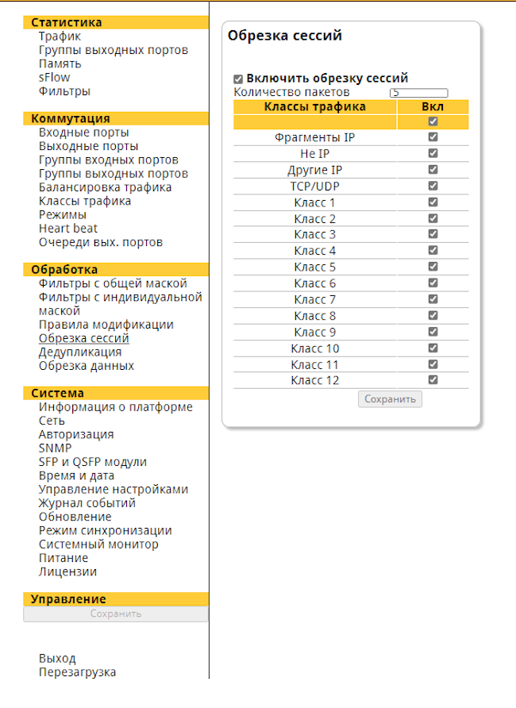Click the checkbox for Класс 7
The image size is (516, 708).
coord(433,299)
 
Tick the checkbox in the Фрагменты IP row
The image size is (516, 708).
coord(433,137)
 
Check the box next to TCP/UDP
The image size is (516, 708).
coord(433,186)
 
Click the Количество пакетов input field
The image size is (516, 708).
coord(419,93)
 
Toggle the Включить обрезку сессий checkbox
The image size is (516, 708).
coord(238,79)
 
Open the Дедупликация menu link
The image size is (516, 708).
coord(80,352)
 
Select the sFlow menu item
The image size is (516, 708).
coord(54,78)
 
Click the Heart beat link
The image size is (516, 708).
coord(68,229)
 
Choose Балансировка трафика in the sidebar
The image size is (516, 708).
coord(106,187)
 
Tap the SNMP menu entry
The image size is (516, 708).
coord(55,448)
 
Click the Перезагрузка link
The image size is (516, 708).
coord(77,672)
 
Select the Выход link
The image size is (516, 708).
coord(57,659)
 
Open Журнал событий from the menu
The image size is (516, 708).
coord(87,503)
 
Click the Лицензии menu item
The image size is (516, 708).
coord(67,571)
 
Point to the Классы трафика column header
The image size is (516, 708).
coord(314,106)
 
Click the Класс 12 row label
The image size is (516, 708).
coord(314,381)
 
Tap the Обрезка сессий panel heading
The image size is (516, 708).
coord(285,36)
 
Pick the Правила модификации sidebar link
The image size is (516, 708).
coord(106,325)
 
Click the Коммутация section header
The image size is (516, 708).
coord(71,119)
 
